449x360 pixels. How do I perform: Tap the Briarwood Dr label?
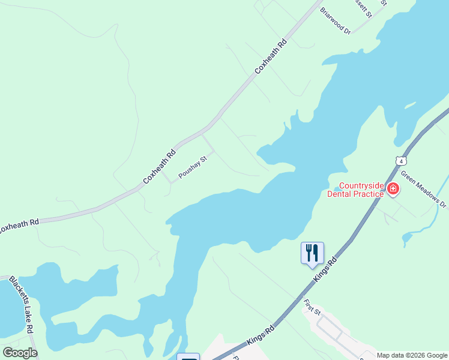[335, 20]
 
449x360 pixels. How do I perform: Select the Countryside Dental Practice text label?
[355, 190]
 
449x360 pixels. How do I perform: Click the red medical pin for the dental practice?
[393, 190]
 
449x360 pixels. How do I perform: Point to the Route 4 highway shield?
[401, 160]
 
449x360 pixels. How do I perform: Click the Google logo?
[20, 353]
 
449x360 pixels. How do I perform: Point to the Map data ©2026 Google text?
[412, 355]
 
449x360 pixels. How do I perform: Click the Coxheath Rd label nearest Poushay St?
[159, 167]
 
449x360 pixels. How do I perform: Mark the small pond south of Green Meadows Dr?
[407, 239]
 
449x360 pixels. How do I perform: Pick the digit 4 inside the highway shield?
[401, 161]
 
